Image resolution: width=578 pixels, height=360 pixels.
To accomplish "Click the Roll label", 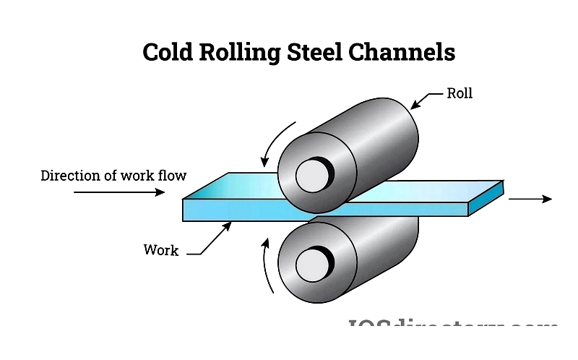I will pos(460,93).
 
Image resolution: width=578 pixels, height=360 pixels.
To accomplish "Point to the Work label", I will pos(160,251).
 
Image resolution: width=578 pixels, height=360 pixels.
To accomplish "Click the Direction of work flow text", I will pos(113,176).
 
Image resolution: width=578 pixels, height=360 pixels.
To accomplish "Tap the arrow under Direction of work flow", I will pos(119,192).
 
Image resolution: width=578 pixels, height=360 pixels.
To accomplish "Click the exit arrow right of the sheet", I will pos(530,199).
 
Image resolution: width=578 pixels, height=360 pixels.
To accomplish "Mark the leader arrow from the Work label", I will pos(213,239).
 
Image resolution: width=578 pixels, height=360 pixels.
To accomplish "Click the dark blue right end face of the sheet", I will pos(485,199).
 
